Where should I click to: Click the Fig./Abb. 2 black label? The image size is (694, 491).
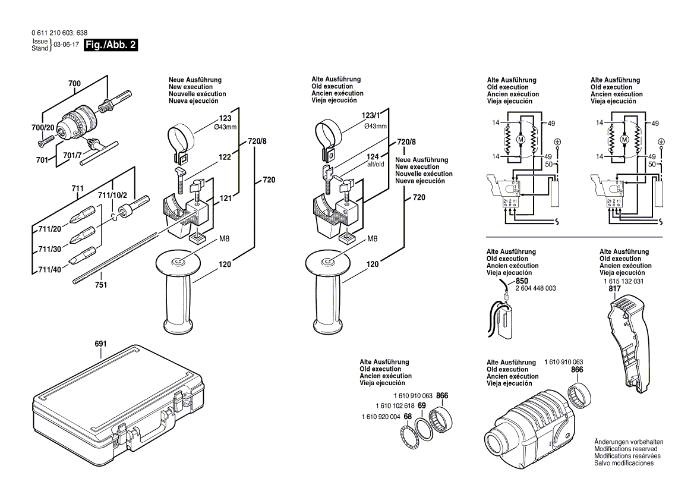[x=111, y=45]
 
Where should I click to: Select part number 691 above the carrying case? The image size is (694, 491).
[x=100, y=344]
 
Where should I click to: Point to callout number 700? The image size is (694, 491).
[x=74, y=84]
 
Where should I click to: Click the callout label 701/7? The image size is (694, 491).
[x=74, y=156]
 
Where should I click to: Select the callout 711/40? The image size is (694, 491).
[x=50, y=270]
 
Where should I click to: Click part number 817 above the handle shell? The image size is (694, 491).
[x=614, y=288]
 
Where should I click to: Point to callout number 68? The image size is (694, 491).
[x=408, y=416]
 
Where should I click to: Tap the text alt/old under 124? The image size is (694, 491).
[x=376, y=164]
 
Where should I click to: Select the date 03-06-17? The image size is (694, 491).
[x=67, y=45]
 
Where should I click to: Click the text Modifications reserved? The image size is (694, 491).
[x=627, y=449]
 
